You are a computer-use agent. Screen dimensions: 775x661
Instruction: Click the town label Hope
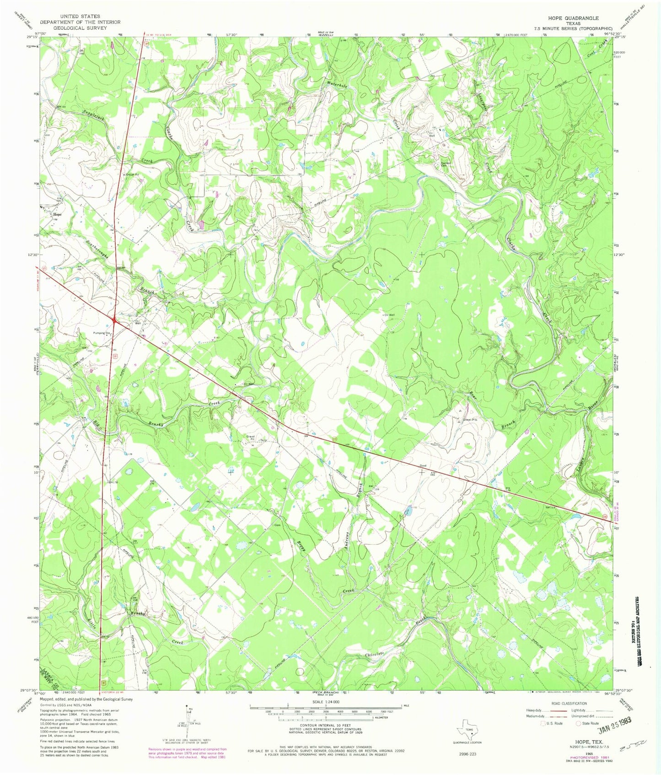pyautogui.click(x=57, y=214)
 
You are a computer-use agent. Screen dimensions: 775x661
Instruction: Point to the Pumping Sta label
pyautogui.click(x=102, y=333)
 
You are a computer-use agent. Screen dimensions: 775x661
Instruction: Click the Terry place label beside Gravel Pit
pyautogui.click(x=263, y=440)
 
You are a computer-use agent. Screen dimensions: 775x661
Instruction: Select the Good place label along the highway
pyautogui.click(x=423, y=466)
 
